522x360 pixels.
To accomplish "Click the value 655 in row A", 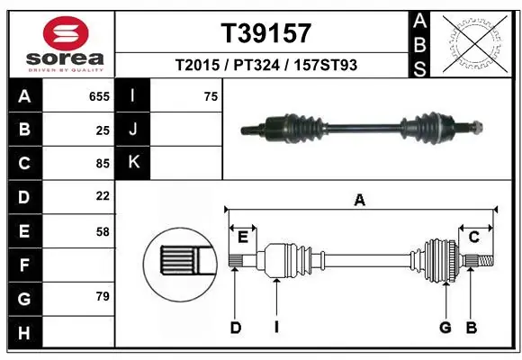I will point(99,96).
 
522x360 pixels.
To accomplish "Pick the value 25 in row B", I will point(103,130).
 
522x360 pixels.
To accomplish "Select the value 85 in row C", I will point(103,163).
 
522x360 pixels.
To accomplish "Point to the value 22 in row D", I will point(103,195).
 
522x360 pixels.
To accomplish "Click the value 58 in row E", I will point(103,231).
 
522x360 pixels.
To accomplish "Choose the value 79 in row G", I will point(103,295).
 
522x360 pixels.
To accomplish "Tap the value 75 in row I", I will point(211,96).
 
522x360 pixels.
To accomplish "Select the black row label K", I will point(133,163).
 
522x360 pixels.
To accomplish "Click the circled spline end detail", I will point(179,262).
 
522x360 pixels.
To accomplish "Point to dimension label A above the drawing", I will point(359,201).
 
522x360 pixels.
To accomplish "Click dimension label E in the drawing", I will point(242,236).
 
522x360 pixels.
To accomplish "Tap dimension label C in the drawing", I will point(473,236).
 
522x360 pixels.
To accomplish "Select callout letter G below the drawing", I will point(445,328).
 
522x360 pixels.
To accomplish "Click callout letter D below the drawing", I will point(235,328).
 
